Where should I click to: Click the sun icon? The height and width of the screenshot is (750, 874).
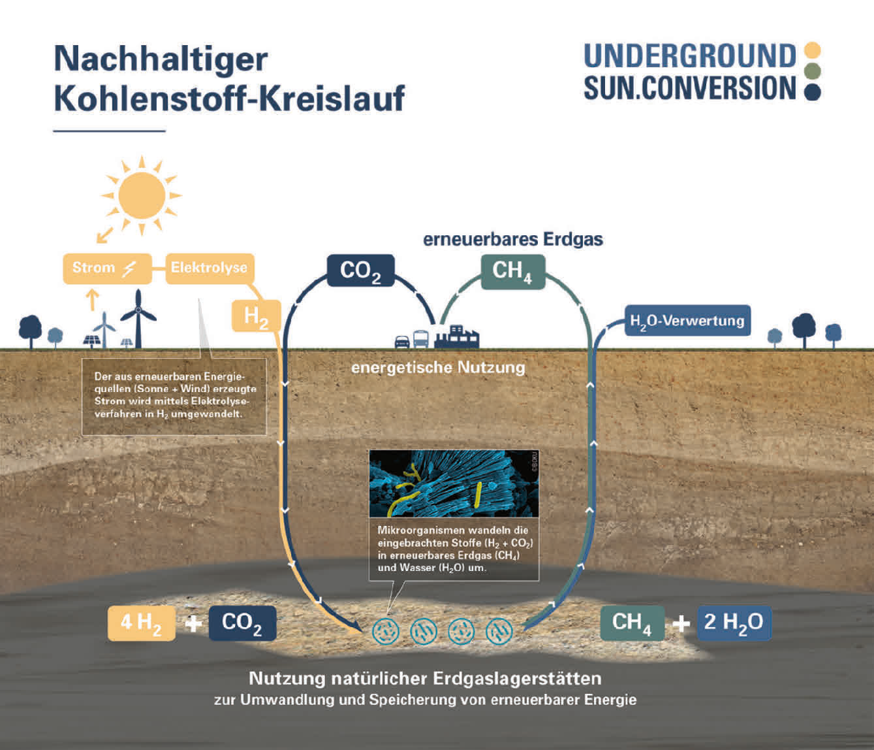(142, 195)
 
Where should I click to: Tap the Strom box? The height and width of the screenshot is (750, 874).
(107, 268)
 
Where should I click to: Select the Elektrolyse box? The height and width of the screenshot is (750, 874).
(209, 268)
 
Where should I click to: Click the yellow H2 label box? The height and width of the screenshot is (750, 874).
(257, 316)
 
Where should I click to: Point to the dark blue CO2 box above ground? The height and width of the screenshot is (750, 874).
(360, 270)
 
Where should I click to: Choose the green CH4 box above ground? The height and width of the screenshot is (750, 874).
(512, 270)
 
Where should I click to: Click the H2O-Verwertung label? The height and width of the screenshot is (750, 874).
(687, 321)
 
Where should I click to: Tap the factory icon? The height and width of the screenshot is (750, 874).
(457, 336)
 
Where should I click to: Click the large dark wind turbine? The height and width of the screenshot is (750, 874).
(138, 316)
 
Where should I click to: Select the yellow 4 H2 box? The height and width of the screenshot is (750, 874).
(142, 623)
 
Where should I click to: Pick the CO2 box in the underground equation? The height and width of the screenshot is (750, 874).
(242, 623)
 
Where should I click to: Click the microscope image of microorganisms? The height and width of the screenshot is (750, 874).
(454, 483)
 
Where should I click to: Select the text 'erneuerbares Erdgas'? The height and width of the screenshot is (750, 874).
(512, 239)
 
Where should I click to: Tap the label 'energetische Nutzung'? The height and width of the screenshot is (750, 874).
(438, 367)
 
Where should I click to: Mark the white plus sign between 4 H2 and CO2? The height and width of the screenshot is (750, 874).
(193, 623)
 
